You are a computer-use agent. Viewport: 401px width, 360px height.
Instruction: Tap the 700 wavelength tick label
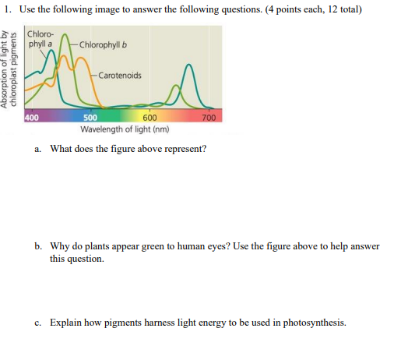pos(208,118)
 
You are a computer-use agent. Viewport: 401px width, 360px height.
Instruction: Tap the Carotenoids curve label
pos(120,76)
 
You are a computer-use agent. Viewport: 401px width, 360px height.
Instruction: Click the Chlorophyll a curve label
pos(40,39)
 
